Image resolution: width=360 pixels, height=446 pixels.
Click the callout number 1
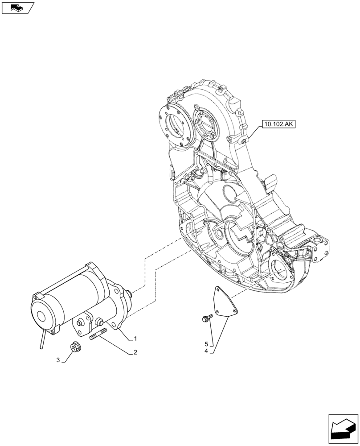click(136, 339)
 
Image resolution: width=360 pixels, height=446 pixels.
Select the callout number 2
click(135, 353)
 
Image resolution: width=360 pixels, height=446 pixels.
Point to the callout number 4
click(207, 351)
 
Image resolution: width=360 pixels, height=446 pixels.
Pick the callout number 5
click(207, 344)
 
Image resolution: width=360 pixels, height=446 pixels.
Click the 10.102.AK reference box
click(279, 125)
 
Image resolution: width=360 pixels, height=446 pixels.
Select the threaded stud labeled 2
click(98, 335)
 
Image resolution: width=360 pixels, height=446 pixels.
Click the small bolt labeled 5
click(207, 318)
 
